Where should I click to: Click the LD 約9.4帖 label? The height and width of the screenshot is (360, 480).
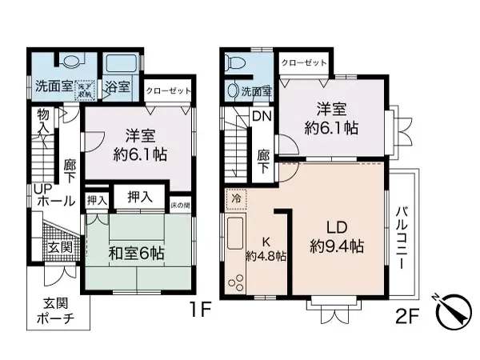point(337,236)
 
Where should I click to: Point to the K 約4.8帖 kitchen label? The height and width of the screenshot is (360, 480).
point(266,249)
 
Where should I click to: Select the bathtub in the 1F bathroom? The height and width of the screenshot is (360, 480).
point(122,65)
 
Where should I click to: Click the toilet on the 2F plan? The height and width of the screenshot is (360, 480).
point(233,62)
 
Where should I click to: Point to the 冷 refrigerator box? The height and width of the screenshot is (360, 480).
point(236,196)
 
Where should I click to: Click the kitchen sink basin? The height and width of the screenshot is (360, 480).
point(237,236)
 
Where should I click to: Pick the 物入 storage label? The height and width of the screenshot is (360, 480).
point(42,122)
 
